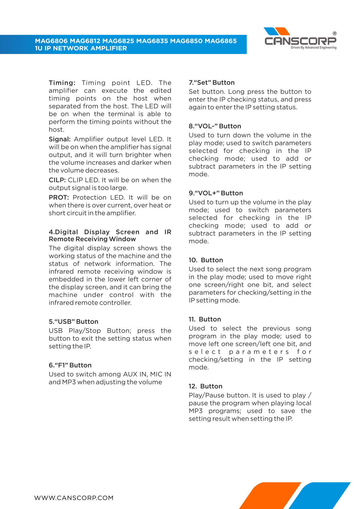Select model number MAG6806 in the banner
[51, 41]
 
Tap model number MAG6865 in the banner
[221, 41]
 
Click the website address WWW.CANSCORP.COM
[74, 498]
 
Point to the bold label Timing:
[62, 83]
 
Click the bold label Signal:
[59, 139]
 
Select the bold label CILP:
[57, 180]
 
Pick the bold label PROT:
[59, 198]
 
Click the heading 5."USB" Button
[73, 322]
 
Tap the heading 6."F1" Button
[70, 365]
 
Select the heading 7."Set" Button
[211, 83]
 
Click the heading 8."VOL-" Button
[215, 126]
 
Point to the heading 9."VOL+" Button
[216, 193]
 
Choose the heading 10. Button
[206, 260]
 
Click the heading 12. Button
[205, 386]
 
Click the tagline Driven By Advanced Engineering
[314, 48]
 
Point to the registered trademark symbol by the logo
[334, 33]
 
